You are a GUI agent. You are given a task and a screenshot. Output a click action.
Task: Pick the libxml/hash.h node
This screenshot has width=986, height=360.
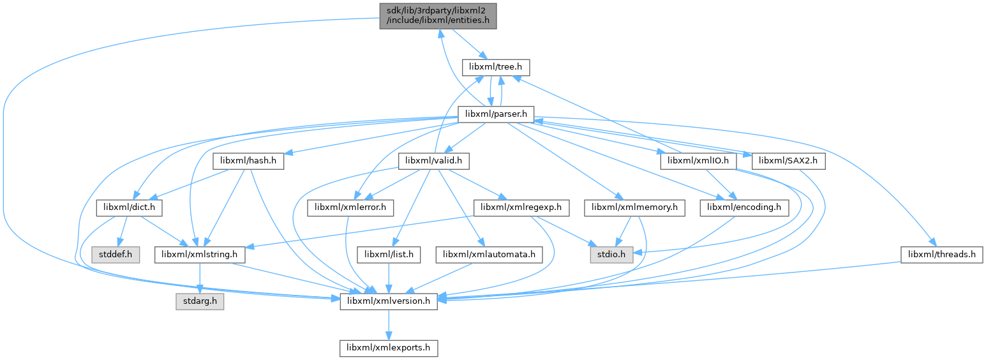point(248,161)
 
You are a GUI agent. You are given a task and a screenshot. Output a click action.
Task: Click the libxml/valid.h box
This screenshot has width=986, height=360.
point(434,161)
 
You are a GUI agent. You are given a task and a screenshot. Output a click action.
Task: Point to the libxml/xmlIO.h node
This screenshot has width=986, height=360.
point(699,161)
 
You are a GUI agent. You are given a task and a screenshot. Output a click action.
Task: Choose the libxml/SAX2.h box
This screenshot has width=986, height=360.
point(789,161)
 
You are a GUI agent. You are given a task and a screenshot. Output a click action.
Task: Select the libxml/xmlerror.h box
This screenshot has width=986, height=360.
point(352,208)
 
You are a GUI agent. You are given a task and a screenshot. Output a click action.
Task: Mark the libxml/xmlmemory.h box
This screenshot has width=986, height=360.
point(634,208)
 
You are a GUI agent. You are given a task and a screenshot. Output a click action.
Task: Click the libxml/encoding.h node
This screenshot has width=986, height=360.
point(745,208)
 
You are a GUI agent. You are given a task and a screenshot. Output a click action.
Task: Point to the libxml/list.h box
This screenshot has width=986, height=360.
point(389,255)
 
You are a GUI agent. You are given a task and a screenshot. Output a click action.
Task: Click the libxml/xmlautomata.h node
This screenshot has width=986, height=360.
point(489,255)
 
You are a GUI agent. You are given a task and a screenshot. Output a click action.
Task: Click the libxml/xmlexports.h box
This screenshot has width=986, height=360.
point(389,349)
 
